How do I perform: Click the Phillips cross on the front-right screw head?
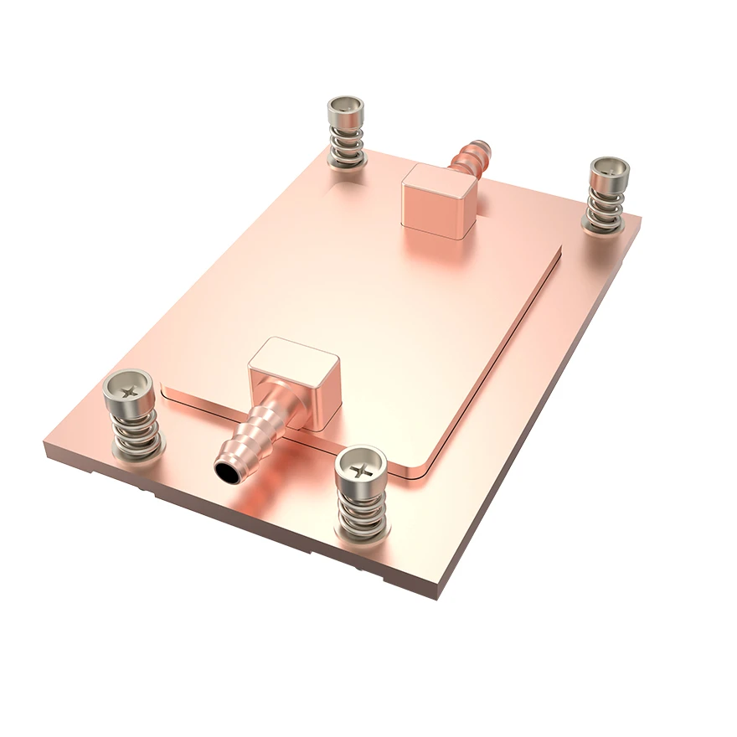[x=362, y=467]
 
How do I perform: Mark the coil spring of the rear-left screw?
[x=346, y=143]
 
